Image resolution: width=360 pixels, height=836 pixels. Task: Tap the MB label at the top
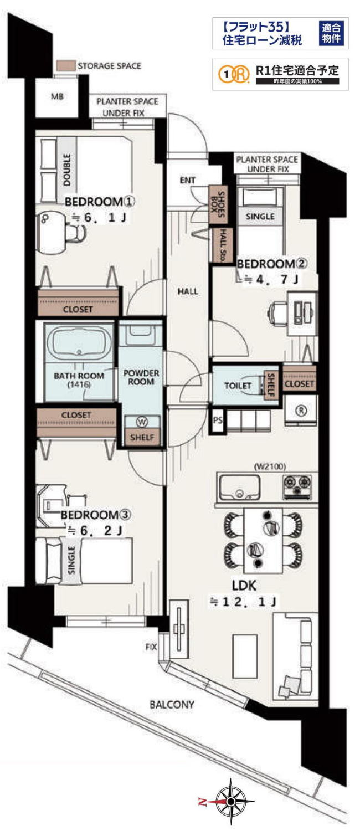coord(57,96)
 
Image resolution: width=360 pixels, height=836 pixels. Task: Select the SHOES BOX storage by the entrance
coord(218,204)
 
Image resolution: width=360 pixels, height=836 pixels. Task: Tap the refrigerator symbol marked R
coord(301,411)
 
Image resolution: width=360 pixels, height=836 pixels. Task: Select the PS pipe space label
coord(217,420)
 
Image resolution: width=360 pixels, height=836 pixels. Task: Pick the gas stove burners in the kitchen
coord(297,487)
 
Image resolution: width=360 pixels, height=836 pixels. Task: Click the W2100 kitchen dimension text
coord(270,466)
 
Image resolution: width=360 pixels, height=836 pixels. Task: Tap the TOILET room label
coord(238,385)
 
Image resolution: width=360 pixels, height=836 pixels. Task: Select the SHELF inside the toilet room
coord(271,385)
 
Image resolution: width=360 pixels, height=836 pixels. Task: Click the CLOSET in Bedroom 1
coord(78,302)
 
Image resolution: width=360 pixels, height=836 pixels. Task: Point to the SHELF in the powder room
coord(142,437)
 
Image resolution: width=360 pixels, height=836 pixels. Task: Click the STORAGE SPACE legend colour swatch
coord(66,66)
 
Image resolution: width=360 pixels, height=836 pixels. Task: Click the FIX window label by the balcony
coord(151,647)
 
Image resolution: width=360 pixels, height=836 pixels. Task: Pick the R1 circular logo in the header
coord(234,74)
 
